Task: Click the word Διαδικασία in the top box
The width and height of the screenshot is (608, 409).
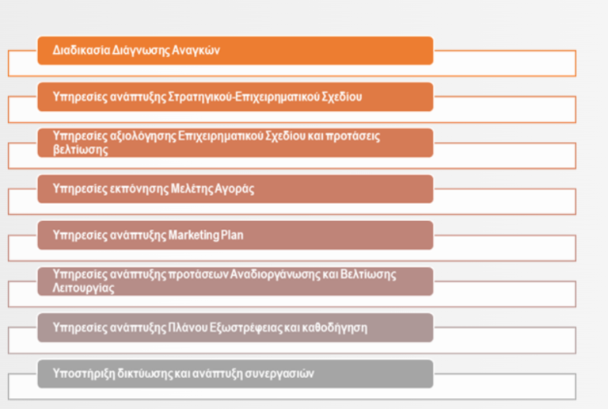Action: [x=82, y=50]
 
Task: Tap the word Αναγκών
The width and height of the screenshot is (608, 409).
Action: [x=196, y=51]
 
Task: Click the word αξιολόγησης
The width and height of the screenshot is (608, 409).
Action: [x=143, y=136]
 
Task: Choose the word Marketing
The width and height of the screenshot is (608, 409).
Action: [x=194, y=235]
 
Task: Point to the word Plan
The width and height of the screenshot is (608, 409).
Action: [x=232, y=235]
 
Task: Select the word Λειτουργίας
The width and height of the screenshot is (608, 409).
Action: [x=83, y=288]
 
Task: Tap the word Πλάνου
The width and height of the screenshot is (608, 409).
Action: [x=188, y=328]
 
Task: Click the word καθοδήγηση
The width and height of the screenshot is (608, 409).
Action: [x=335, y=328]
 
